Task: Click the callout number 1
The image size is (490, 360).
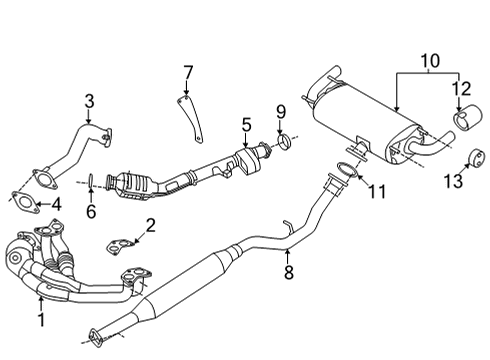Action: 42,319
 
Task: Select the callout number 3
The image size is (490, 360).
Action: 89,100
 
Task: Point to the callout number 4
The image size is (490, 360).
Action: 56,205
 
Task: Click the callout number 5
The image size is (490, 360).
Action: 245,126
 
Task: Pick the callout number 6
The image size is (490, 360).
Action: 90,213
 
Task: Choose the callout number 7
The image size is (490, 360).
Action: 186,71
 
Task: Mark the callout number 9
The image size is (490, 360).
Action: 281,110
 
